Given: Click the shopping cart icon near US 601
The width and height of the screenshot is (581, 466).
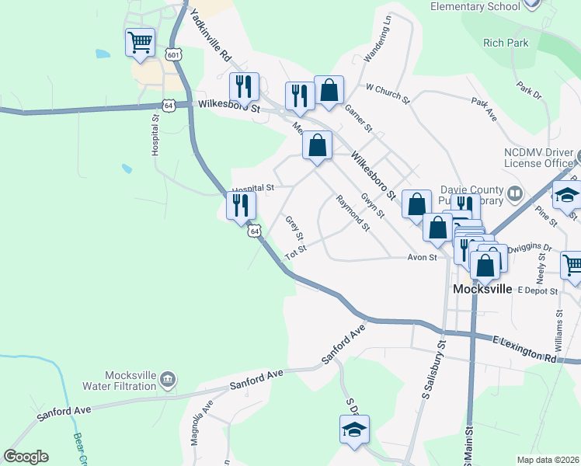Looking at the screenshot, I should pyautogui.click(x=140, y=42).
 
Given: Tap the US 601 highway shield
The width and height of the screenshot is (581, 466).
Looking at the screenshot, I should pyautogui.click(x=174, y=54).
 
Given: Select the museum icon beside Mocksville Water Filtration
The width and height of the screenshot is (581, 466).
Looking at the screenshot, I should pyautogui.click(x=168, y=380).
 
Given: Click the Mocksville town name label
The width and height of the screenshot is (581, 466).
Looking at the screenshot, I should pyautogui.click(x=482, y=289).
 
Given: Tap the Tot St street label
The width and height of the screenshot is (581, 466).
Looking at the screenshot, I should pyautogui.click(x=296, y=252).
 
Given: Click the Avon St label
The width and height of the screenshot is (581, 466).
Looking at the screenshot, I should pyautogui.click(x=424, y=257).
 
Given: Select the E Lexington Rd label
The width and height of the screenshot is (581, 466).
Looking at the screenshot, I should pyautogui.click(x=526, y=349).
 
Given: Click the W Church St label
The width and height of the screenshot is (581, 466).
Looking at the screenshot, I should pyautogui.click(x=388, y=93).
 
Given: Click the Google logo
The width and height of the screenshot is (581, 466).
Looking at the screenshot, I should pyautogui.click(x=26, y=457).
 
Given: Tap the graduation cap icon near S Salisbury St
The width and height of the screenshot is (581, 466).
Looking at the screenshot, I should pyautogui.click(x=354, y=429).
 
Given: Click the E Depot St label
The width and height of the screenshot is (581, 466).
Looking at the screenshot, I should pyautogui.click(x=536, y=290).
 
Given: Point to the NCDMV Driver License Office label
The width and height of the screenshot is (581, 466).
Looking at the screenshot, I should pyautogui.click(x=538, y=158).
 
